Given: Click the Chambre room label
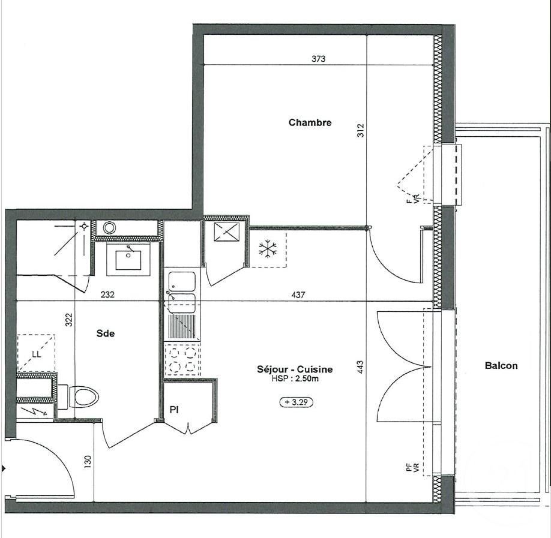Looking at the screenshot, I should point(310,122).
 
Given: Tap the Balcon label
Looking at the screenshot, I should point(501,365).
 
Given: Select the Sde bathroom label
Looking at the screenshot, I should point(106,333).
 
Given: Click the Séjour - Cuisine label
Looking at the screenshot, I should point(303,369).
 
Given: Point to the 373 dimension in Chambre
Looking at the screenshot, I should point(319,59).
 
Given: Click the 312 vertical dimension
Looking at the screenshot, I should point(360,130).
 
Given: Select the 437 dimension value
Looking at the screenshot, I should point(298,294).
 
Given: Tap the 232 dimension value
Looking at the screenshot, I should point(107,294).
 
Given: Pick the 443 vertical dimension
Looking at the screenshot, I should point(360,367).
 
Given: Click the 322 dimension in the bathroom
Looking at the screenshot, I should point(70,319).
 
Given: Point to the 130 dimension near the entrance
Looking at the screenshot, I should point(88,462).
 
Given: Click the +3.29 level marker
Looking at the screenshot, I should point(296,402).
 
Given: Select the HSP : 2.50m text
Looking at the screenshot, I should point(303,378).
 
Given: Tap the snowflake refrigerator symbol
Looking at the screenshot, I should point(265,250).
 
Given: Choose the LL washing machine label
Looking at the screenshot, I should point(37,354).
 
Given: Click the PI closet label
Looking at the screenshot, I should point(175,410).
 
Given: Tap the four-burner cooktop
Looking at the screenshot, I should point(183,359).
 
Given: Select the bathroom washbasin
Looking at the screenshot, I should point(128,260).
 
